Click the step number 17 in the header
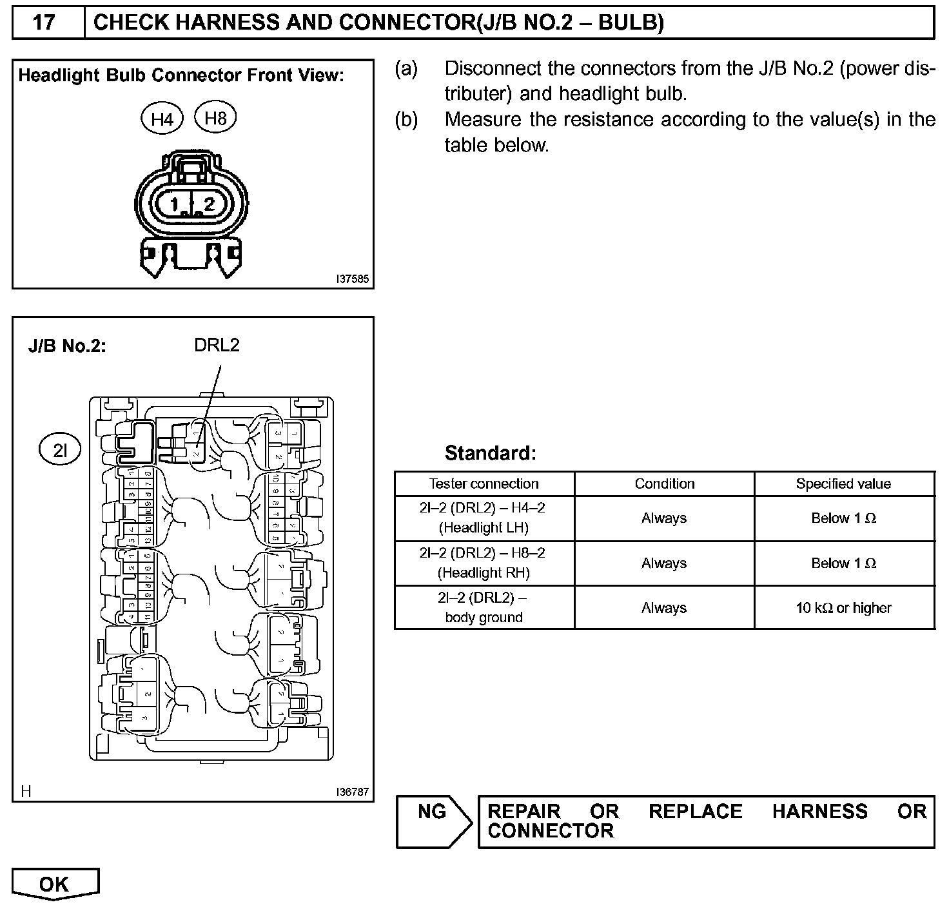click(x=44, y=23)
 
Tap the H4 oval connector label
click(x=162, y=119)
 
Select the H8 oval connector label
click(x=215, y=117)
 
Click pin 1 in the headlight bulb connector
click(x=174, y=205)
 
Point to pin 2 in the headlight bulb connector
click(x=208, y=205)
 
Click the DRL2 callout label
click(x=217, y=346)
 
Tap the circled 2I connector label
click(x=60, y=450)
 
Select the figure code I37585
click(x=352, y=279)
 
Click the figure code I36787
click(x=352, y=792)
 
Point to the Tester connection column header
click(x=484, y=484)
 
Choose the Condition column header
click(x=665, y=484)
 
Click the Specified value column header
click(x=843, y=484)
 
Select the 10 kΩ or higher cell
click(x=843, y=608)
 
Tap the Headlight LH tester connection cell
click(x=484, y=518)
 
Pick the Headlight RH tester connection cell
click(x=484, y=563)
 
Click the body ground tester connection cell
click(x=484, y=607)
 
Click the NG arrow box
click(x=433, y=821)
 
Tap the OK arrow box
click(x=55, y=884)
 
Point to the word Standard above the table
click(x=490, y=453)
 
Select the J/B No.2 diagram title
click(x=67, y=346)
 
